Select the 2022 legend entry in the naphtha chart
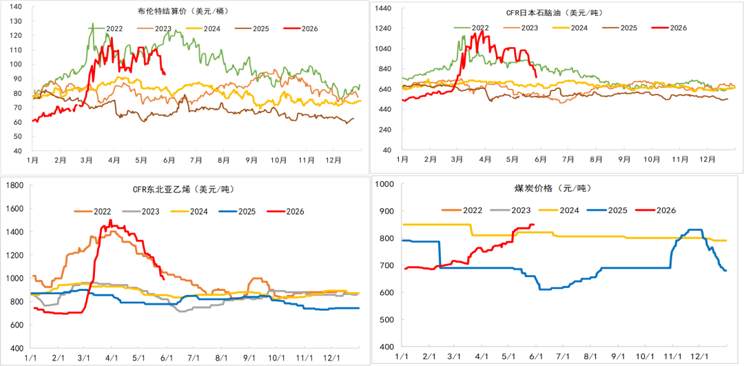pos(471,28)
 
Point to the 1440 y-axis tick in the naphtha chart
pos(383,8)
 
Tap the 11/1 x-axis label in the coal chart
pos(672,356)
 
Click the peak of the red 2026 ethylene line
pos(110,220)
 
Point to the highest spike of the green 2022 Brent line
pos(92,23)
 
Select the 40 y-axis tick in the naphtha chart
pos(386,150)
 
